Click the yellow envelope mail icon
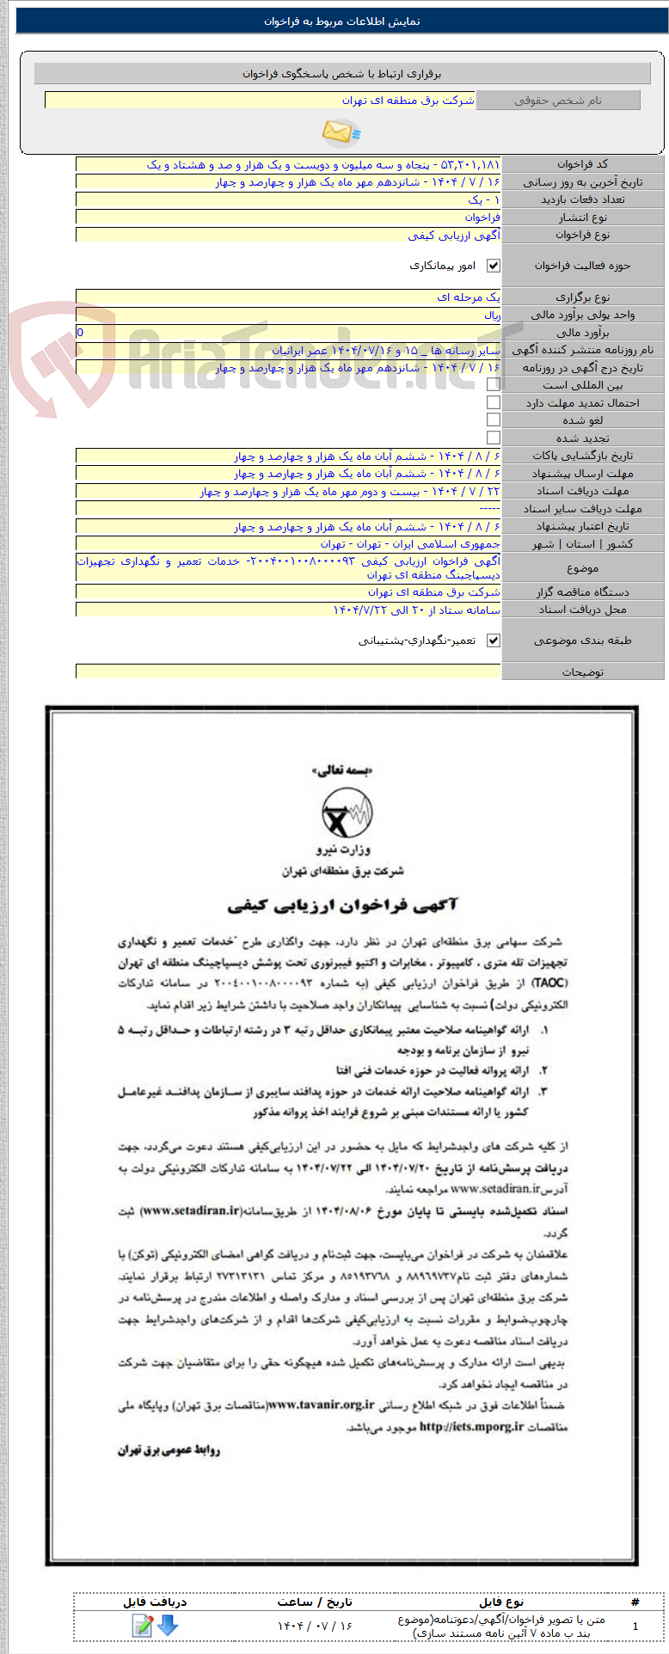coord(341,132)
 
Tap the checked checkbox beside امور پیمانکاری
coord(494,266)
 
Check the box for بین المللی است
coord(494,385)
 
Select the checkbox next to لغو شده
coord(494,420)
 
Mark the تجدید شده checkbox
coord(494,438)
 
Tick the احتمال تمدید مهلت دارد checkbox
coord(494,402)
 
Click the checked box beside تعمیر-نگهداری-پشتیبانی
coord(494,640)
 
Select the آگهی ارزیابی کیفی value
coord(454,235)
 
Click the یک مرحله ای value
coord(469,297)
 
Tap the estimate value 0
coord(81,333)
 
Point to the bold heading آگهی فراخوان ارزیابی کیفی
coord(342,904)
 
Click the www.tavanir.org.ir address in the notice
coord(321,1405)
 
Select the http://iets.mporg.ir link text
coord(471,1426)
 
